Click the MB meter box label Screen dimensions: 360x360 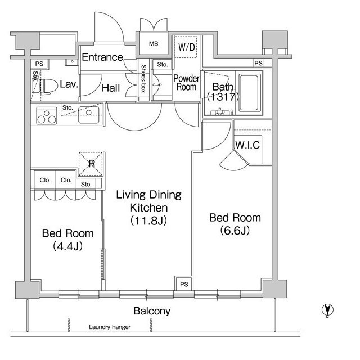(x=154, y=44)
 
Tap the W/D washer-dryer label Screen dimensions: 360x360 (x=186, y=47)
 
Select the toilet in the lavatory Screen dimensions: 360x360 (x=47, y=86)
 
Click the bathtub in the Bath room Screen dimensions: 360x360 (x=250, y=93)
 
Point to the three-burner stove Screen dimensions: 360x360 (x=47, y=116)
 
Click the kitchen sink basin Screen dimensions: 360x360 (x=89, y=115)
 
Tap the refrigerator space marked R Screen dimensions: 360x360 (x=91, y=164)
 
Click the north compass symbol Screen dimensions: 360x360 (x=327, y=310)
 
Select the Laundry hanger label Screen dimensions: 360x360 (x=110, y=327)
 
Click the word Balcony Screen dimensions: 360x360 (x=152, y=311)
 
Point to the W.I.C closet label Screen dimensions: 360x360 (x=247, y=145)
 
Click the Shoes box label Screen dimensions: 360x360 (x=143, y=79)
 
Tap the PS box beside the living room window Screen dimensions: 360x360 (x=184, y=285)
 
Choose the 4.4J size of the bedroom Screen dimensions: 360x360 (x=67, y=246)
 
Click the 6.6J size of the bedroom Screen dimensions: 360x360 (x=235, y=230)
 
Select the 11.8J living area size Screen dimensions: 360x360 (x=148, y=220)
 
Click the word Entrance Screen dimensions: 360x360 (x=102, y=57)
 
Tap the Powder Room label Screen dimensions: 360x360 (x=186, y=83)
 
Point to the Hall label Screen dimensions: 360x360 (x=111, y=88)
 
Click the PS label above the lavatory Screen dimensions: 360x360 (x=39, y=64)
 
